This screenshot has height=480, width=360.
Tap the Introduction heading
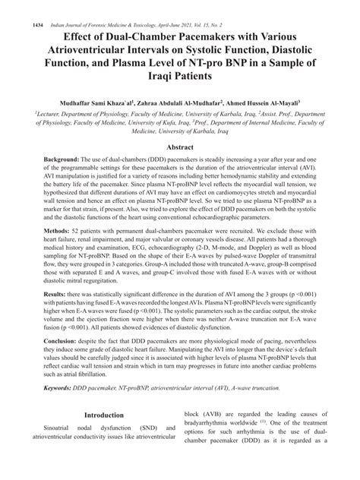[103, 416]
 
